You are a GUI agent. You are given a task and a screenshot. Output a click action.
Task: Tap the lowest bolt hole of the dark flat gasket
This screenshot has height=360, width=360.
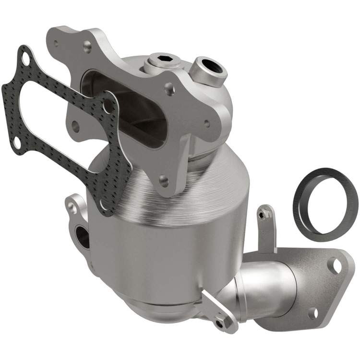pyautogui.click(x=102, y=205)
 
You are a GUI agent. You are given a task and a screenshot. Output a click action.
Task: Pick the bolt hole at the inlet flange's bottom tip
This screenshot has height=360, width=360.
pyautogui.click(x=164, y=182)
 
